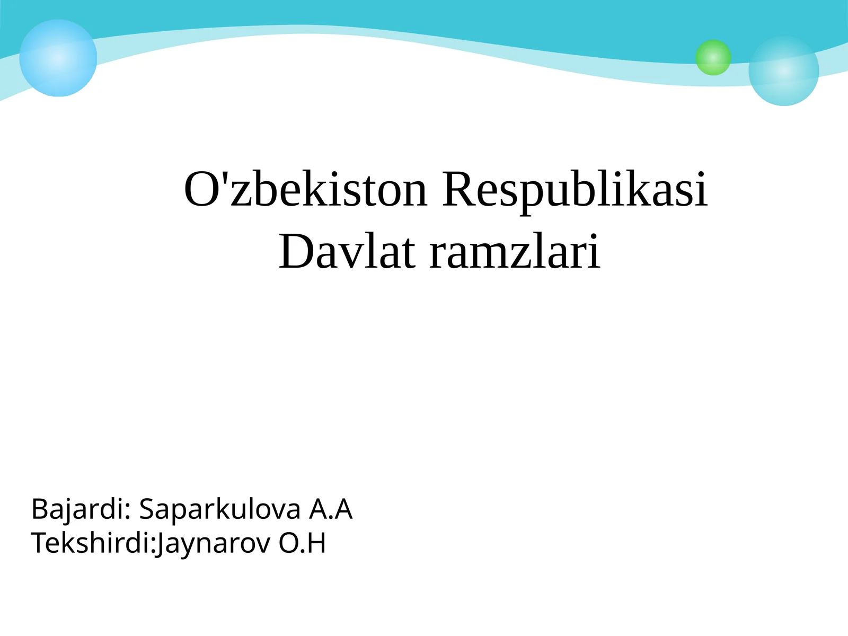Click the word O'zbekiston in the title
coord(305,189)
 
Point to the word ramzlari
coord(515,252)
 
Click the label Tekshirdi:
coord(93,543)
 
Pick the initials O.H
coord(302,543)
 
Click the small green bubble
coord(713,57)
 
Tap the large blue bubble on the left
coord(58,58)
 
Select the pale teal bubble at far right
coord(783,71)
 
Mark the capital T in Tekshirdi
coord(40,543)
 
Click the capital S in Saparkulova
coord(148,509)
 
